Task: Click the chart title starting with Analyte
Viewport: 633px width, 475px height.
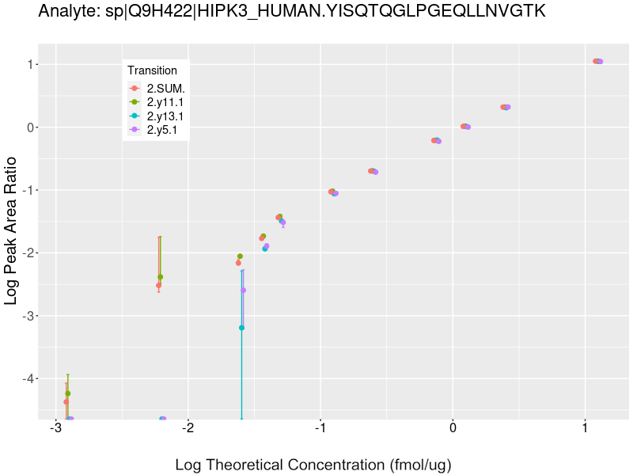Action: coord(291,12)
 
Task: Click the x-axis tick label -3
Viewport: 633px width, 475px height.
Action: coord(55,428)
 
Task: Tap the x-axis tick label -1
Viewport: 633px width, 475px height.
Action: coord(320,428)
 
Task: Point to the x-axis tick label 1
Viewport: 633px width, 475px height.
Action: coord(585,428)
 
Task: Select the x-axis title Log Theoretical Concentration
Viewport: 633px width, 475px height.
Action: coord(313,464)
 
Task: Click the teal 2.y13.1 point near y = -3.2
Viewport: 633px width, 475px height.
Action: coord(241,328)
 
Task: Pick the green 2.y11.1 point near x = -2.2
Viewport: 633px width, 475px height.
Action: coord(161,277)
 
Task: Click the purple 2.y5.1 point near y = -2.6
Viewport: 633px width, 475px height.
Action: coord(243,290)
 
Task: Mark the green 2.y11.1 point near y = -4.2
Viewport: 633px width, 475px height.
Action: coord(68,393)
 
